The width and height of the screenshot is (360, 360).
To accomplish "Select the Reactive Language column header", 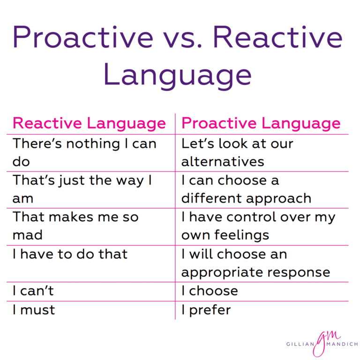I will coord(89,123).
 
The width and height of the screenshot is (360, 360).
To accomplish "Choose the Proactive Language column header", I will coord(261,123).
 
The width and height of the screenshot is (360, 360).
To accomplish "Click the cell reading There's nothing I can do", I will coord(84,152).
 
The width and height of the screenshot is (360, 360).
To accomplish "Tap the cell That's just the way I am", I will coord(82,189).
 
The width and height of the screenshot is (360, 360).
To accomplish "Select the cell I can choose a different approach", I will coord(246,189).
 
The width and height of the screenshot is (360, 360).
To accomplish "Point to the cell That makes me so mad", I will coord(75,225).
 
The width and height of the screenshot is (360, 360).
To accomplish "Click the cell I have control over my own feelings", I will coord(258,225).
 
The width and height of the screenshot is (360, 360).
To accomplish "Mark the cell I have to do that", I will coord(70,254).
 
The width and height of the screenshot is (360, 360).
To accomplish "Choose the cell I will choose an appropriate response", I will coord(255,263).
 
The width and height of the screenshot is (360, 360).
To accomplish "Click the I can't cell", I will coord(33,291).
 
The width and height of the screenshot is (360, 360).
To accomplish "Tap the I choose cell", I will coord(210,291).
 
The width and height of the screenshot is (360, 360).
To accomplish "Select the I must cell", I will coord(34,310).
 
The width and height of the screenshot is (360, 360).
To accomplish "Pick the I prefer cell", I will coord(206,310).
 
